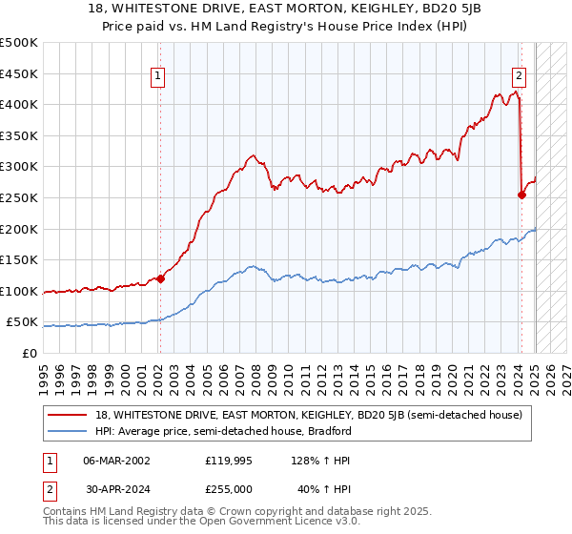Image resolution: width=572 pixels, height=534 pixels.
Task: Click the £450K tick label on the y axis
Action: [x=18, y=73]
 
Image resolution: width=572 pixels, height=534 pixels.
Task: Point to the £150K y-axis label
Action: [x=18, y=259]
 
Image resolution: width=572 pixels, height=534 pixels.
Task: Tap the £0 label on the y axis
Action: [x=29, y=353]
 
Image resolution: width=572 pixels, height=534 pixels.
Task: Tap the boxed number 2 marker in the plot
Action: [x=520, y=77]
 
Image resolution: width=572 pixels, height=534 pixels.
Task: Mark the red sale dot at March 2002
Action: [x=160, y=278]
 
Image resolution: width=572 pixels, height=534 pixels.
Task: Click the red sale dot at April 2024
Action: [x=521, y=195]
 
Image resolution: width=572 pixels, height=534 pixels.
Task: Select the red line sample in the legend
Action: [x=69, y=416]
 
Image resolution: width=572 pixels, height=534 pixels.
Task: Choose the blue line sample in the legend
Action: [x=69, y=431]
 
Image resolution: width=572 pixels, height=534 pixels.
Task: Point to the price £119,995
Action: [x=227, y=460]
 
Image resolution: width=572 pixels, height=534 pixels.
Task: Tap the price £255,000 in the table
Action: [x=227, y=488]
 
